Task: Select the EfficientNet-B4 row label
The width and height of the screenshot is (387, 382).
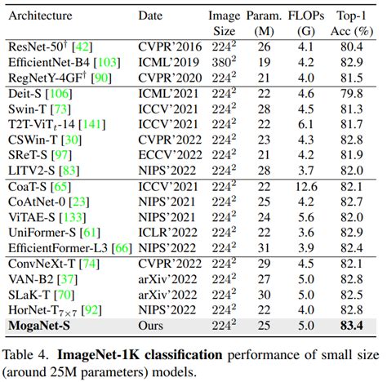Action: coord(46,61)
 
